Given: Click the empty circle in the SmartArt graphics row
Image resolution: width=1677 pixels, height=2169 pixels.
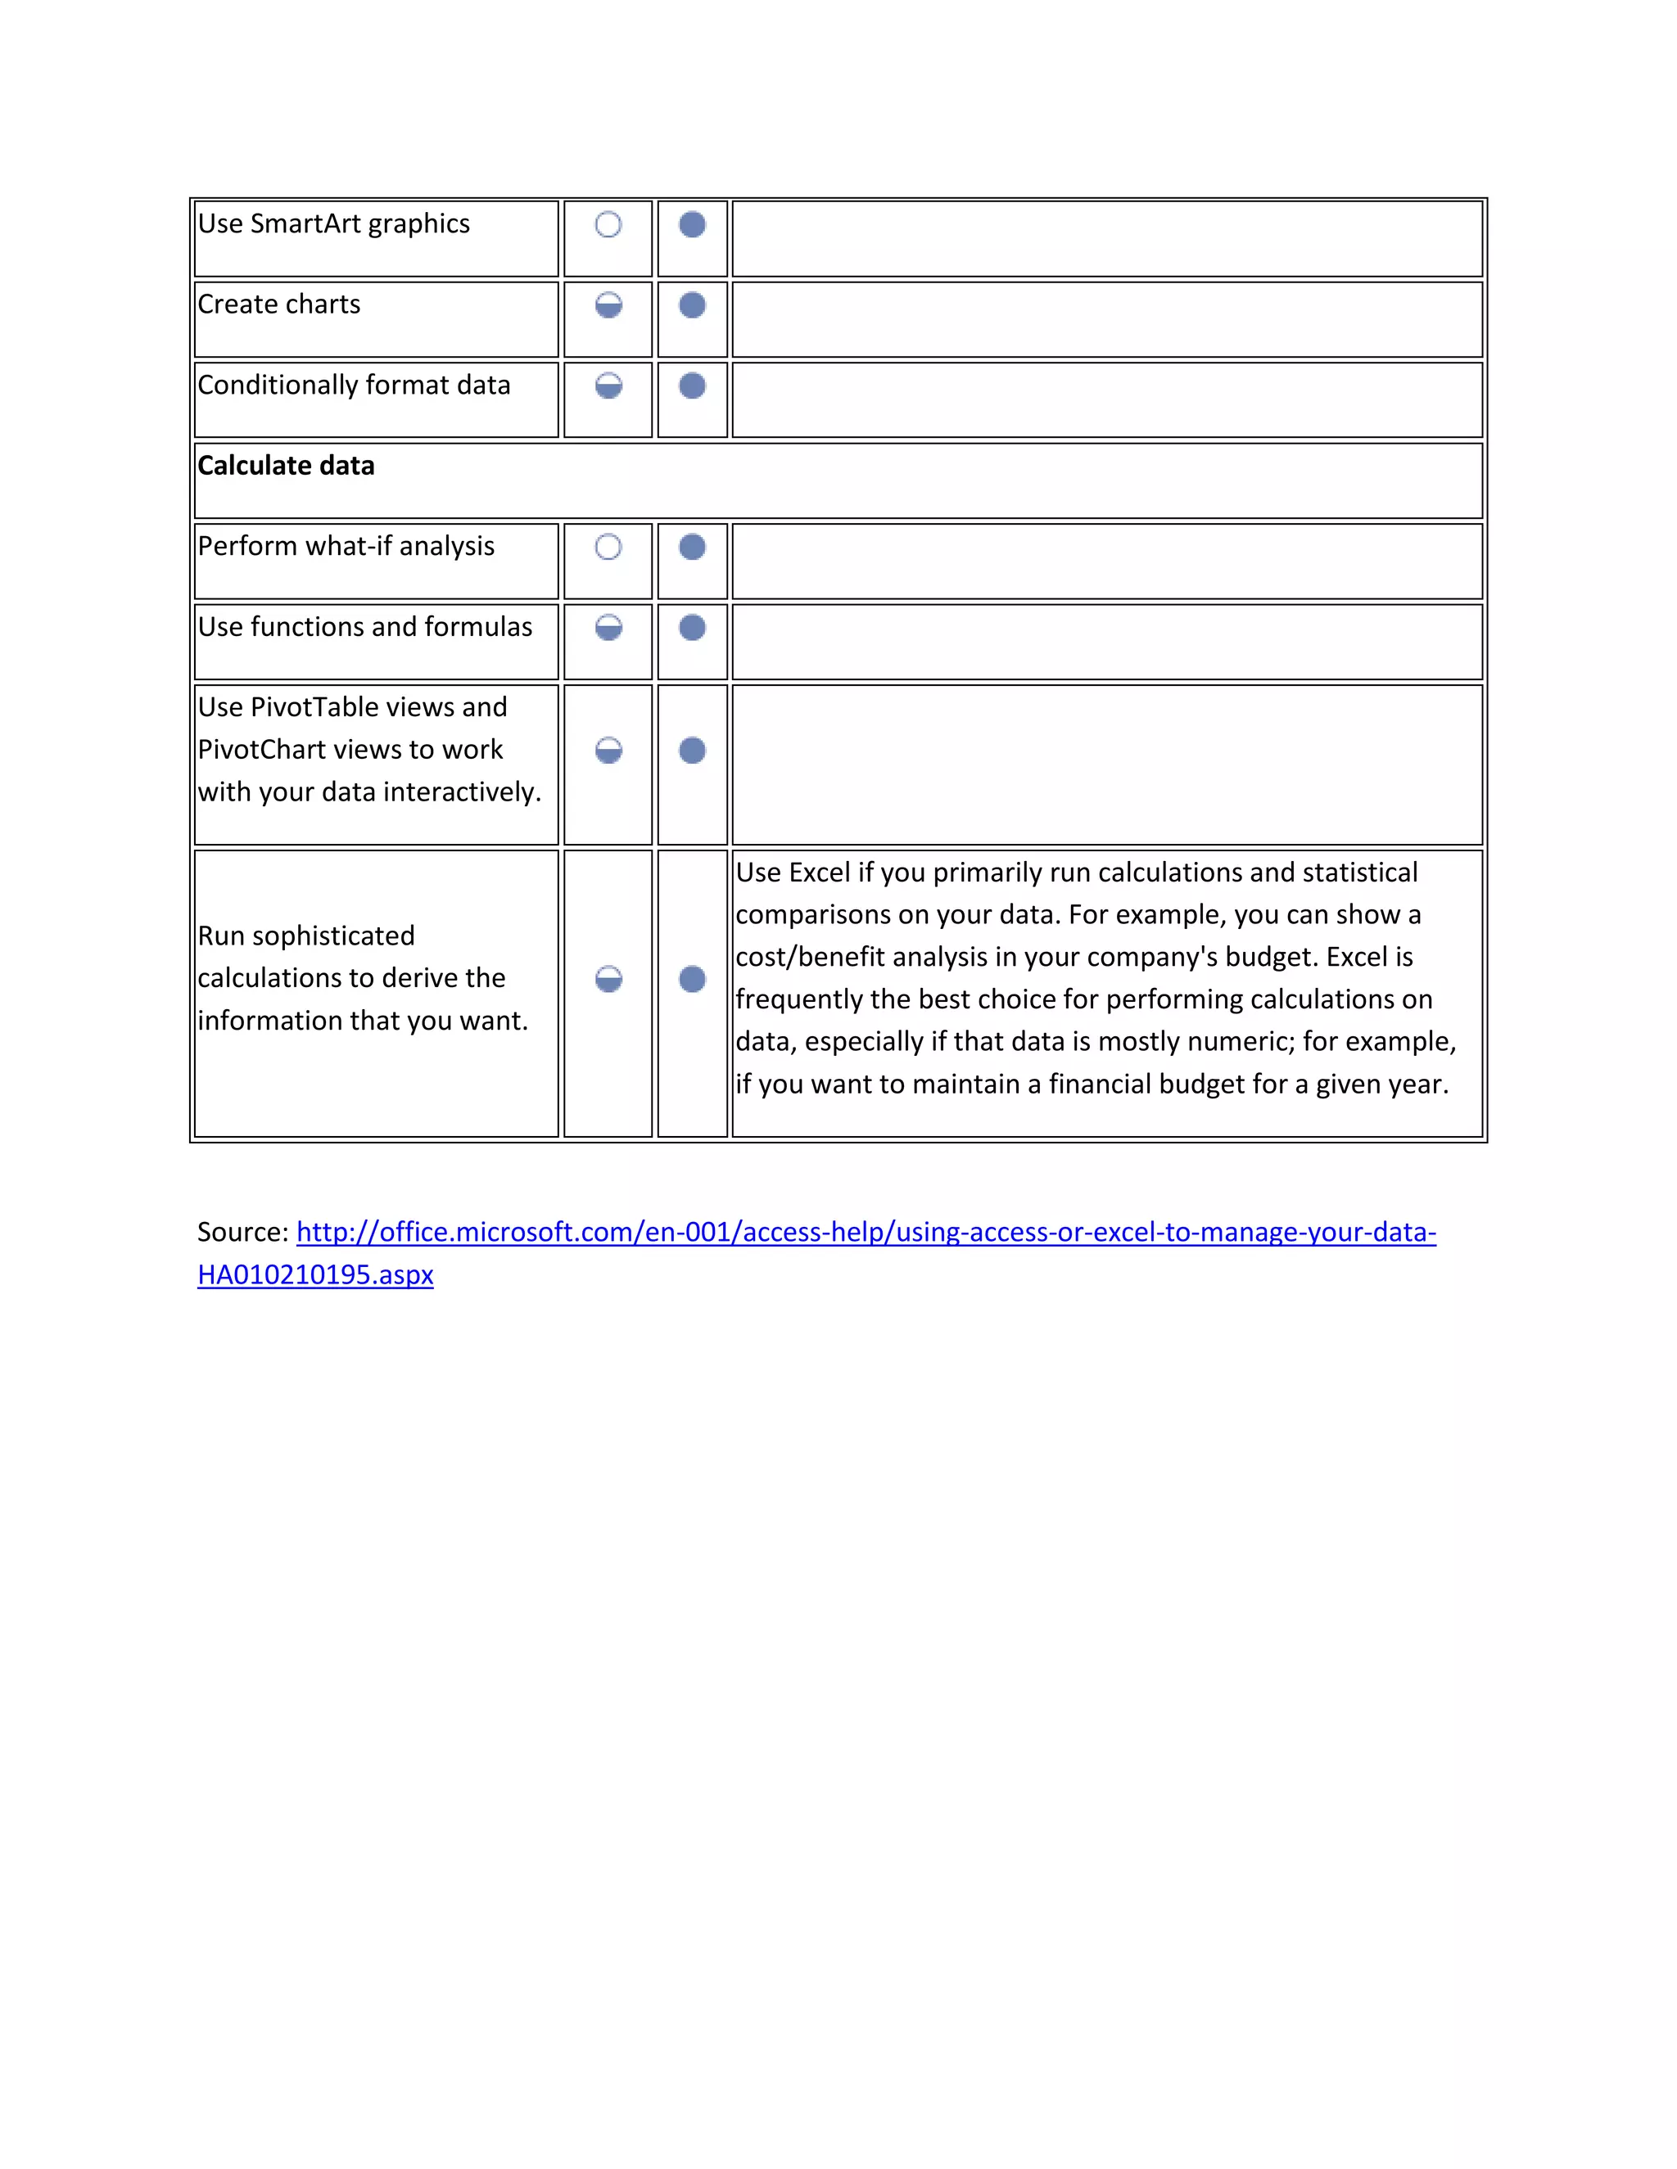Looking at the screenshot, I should (608, 224).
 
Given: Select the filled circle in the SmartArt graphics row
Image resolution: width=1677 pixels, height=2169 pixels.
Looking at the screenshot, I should (693, 224).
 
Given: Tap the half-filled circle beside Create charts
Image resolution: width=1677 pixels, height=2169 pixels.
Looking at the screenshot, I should (608, 305).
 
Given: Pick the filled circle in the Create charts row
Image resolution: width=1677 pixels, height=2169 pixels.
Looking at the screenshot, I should (693, 305).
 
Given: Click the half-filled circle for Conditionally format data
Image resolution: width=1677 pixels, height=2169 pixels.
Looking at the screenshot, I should (608, 386).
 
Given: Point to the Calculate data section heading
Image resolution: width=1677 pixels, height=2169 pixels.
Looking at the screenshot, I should (286, 466).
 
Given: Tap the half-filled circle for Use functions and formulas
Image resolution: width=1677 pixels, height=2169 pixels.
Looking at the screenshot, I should (608, 628).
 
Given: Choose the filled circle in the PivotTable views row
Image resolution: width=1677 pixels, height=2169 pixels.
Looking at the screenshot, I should (693, 750).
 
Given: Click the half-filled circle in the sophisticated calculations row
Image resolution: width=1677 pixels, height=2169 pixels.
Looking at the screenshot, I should (608, 979).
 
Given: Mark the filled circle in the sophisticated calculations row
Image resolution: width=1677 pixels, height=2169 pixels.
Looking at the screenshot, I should (693, 979).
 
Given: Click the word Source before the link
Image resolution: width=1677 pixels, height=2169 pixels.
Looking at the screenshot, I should (242, 1233).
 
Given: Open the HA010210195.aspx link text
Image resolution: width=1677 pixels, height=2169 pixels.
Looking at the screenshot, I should (315, 1275).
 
